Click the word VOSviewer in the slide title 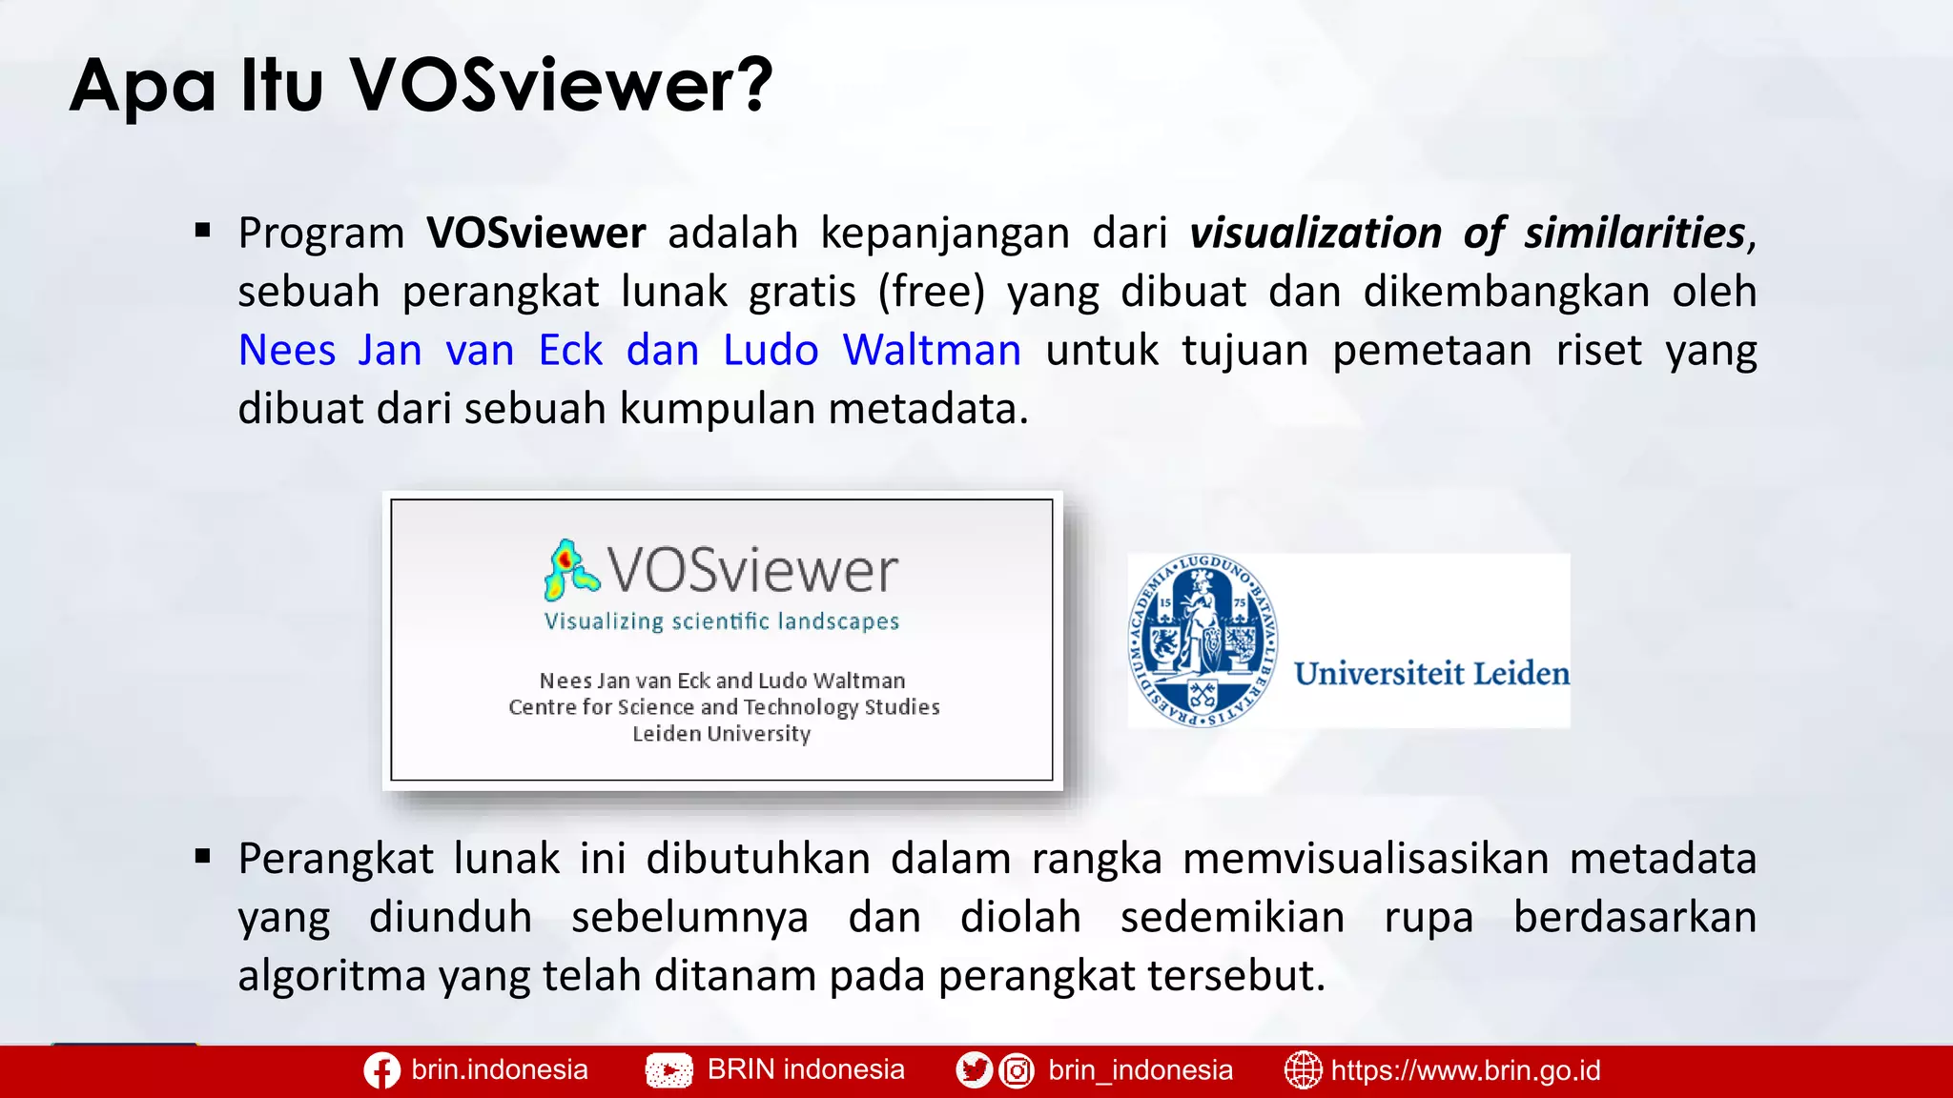[x=561, y=86]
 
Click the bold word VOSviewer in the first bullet [x=536, y=233]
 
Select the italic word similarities [x=1634, y=233]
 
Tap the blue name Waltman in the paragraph [x=932, y=350]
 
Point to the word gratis [x=802, y=292]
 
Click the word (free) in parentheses [x=932, y=292]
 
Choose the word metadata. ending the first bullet [x=928, y=409]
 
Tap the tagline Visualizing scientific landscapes [x=722, y=621]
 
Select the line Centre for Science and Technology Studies [x=724, y=707]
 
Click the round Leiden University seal [x=1203, y=640]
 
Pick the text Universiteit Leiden [x=1431, y=674]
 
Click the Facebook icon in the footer [x=381, y=1071]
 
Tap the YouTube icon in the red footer [x=669, y=1071]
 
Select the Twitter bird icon [x=974, y=1071]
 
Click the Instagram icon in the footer [x=1017, y=1071]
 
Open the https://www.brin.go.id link [x=1465, y=1070]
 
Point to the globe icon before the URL [x=1303, y=1070]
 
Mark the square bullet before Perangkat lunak [x=202, y=856]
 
